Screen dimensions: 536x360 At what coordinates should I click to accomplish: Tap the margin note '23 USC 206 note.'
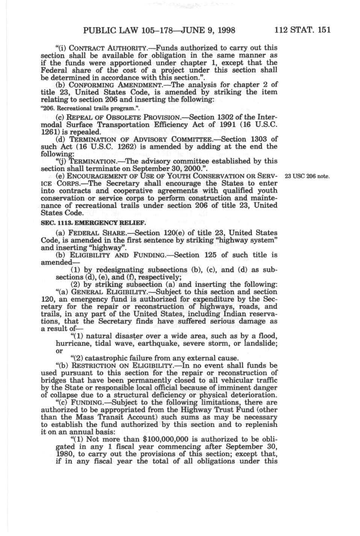[307, 176]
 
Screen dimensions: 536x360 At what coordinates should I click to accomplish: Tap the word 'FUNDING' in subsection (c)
[86, 402]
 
